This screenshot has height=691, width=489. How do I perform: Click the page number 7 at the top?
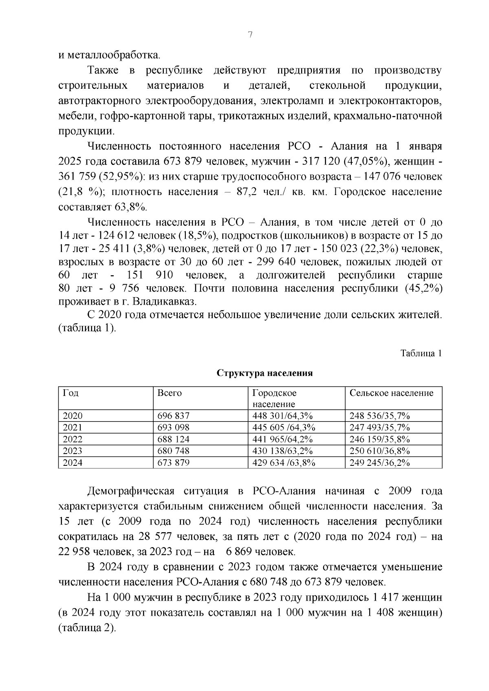[x=250, y=35]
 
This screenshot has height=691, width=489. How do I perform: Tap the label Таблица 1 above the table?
[x=421, y=353]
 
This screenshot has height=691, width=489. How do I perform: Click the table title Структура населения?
[x=264, y=373]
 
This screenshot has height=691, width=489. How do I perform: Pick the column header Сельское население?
[x=391, y=393]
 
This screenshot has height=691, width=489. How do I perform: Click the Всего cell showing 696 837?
[x=173, y=416]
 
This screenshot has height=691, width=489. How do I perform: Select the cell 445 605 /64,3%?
[x=284, y=428]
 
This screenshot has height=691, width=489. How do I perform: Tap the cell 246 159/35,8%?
[x=379, y=439]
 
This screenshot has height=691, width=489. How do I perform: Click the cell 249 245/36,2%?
[x=379, y=463]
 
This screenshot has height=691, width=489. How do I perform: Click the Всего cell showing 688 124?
[x=173, y=439]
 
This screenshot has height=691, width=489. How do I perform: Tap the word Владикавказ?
[x=165, y=302]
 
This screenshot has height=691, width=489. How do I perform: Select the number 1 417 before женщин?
[x=385, y=598]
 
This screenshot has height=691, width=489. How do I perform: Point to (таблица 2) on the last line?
[x=87, y=627]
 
